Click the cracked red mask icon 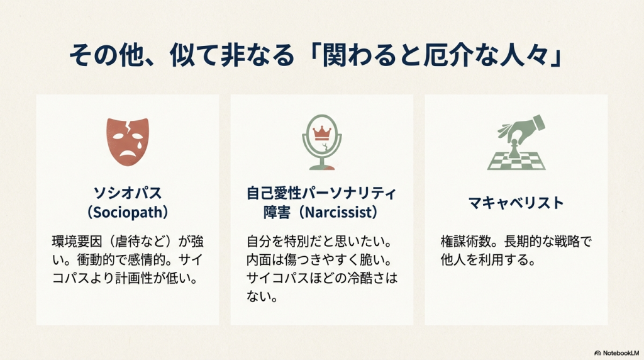click(x=127, y=142)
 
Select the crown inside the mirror click(x=322, y=133)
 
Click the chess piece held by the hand click(x=513, y=149)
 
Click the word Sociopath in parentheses click(x=128, y=212)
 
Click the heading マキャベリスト click(x=516, y=203)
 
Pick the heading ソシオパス click(x=128, y=193)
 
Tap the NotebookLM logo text click(x=621, y=353)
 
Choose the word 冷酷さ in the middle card click(x=367, y=278)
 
